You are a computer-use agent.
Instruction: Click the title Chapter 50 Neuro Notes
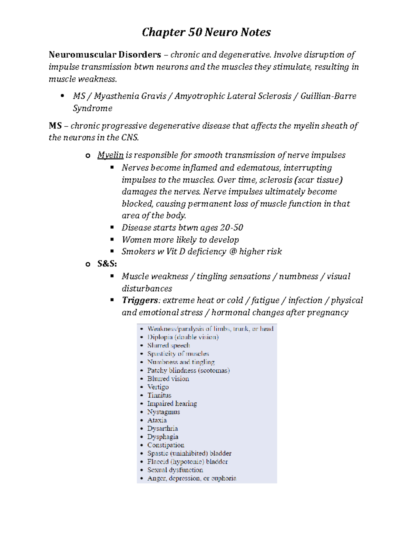pos(206,32)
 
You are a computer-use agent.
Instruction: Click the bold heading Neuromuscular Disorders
pos(105,55)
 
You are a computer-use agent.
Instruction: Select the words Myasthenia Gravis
pos(130,96)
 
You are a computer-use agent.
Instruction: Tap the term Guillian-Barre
pos(328,96)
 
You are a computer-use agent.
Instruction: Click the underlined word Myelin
pos(110,155)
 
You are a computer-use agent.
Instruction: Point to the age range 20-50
pos(231,228)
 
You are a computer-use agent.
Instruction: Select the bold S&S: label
pos(107,264)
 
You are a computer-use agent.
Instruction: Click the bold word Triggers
pos(140,300)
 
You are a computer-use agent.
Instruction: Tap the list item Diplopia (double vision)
pos(183,337)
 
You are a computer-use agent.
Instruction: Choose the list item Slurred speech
pos(168,345)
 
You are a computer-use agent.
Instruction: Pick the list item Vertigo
pos(158,387)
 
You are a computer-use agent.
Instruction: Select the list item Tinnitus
pos(159,395)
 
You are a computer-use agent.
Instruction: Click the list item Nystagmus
pos(164,412)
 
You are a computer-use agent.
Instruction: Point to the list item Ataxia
pos(157,420)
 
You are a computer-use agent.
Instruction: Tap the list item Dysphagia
pos(162,437)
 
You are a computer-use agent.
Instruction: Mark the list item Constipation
pos(166,445)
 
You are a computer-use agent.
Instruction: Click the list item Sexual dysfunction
pos(175,470)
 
